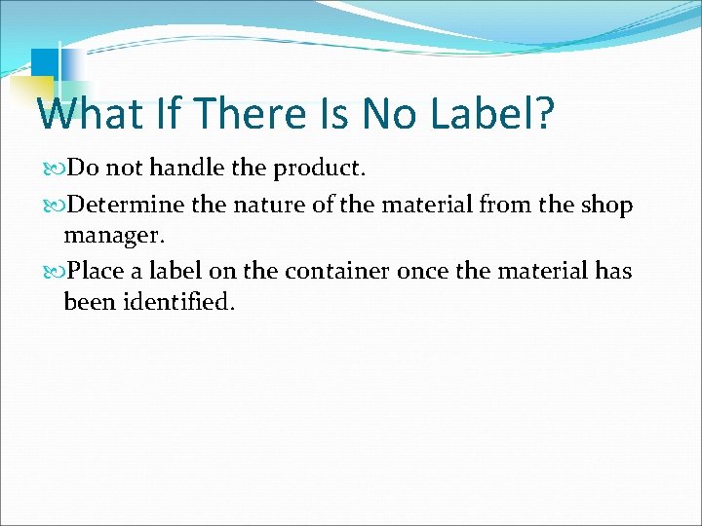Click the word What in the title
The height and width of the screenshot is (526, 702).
click(85, 114)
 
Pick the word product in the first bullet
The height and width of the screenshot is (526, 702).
click(318, 169)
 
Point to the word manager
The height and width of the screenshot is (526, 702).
click(110, 237)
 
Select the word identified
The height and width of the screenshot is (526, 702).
click(177, 302)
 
